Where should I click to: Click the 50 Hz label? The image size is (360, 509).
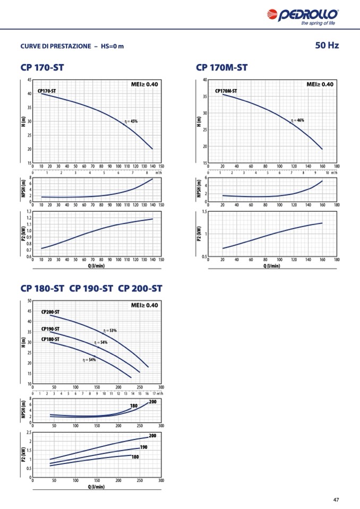[x=327, y=46]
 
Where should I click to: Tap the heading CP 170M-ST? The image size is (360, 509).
[x=221, y=67]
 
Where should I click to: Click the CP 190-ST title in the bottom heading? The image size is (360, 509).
[x=91, y=289]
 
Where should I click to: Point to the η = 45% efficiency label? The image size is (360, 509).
[x=131, y=121]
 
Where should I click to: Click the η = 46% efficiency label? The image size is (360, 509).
[x=297, y=120]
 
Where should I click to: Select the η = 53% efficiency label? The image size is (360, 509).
[x=110, y=330]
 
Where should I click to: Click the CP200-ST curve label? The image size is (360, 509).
[x=50, y=312]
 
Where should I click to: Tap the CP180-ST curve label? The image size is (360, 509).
[x=50, y=339]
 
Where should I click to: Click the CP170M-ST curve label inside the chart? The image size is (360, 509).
[x=226, y=91]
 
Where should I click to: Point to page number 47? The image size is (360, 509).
[x=336, y=499]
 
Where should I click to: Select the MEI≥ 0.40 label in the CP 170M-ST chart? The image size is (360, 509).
[x=320, y=84]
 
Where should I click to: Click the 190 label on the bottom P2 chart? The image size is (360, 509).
[x=143, y=447]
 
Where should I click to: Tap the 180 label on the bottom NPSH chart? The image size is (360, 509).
[x=134, y=406]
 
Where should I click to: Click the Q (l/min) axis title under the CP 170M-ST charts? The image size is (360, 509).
[x=272, y=265]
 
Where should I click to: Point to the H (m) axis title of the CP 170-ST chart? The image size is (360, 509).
[x=23, y=121]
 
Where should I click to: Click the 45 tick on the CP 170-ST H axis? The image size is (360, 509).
[x=29, y=80]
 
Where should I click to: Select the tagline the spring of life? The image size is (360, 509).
[x=318, y=23]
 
